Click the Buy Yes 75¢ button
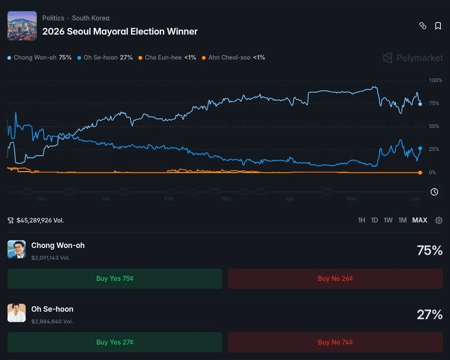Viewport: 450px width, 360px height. click(x=115, y=279)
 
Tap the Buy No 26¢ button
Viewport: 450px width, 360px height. click(x=335, y=279)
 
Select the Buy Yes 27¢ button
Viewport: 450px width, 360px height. click(x=115, y=342)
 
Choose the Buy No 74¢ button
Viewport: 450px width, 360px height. click(x=335, y=342)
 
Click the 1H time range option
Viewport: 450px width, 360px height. click(x=362, y=220)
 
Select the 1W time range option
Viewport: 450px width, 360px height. click(x=388, y=220)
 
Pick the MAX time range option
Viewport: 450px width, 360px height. click(x=420, y=220)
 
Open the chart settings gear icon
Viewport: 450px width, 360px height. click(x=439, y=220)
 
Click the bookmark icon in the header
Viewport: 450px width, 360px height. click(x=438, y=26)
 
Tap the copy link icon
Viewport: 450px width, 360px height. click(x=423, y=26)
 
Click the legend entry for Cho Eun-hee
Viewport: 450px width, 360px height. click(x=167, y=57)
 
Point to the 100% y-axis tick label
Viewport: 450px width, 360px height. click(x=435, y=80)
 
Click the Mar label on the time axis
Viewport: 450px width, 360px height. click(x=226, y=199)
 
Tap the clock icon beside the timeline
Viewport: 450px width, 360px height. click(x=434, y=192)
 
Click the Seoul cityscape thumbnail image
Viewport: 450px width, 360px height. click(x=22, y=26)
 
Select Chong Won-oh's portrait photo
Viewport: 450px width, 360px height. click(x=17, y=249)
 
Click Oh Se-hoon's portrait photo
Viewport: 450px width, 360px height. click(x=17, y=313)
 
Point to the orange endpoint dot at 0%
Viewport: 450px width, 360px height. click(x=420, y=172)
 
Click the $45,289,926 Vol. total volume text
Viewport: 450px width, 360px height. click(x=40, y=220)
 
